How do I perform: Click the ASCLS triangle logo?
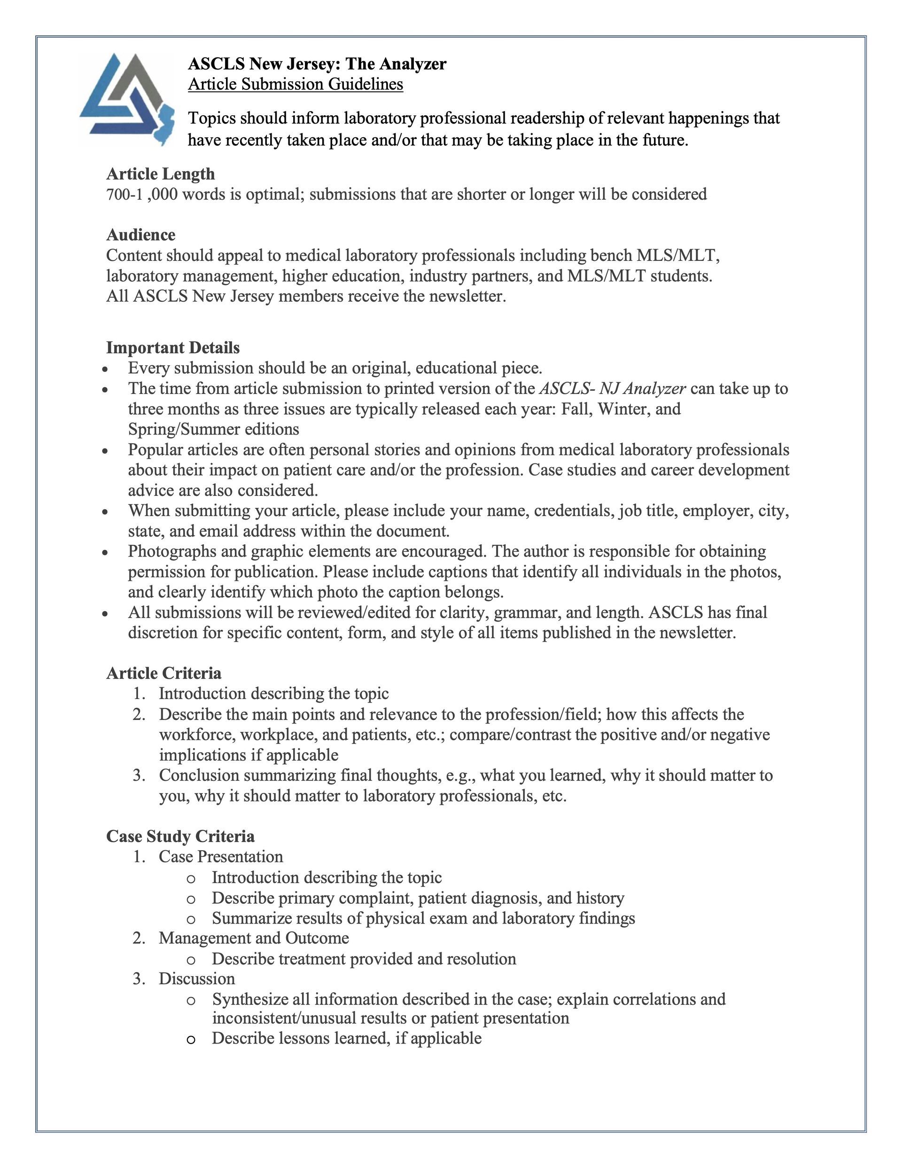click(127, 99)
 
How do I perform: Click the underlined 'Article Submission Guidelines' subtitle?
click(295, 85)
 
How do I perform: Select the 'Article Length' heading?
click(160, 174)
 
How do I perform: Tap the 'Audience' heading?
click(140, 235)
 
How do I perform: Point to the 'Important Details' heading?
click(173, 348)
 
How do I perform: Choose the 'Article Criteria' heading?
click(163, 674)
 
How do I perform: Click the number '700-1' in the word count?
click(124, 194)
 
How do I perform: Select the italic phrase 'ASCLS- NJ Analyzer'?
click(612, 388)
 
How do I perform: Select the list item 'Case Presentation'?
click(221, 857)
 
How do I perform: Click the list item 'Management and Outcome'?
click(253, 938)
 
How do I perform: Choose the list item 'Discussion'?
click(197, 979)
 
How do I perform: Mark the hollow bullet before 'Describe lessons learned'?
click(191, 1040)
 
